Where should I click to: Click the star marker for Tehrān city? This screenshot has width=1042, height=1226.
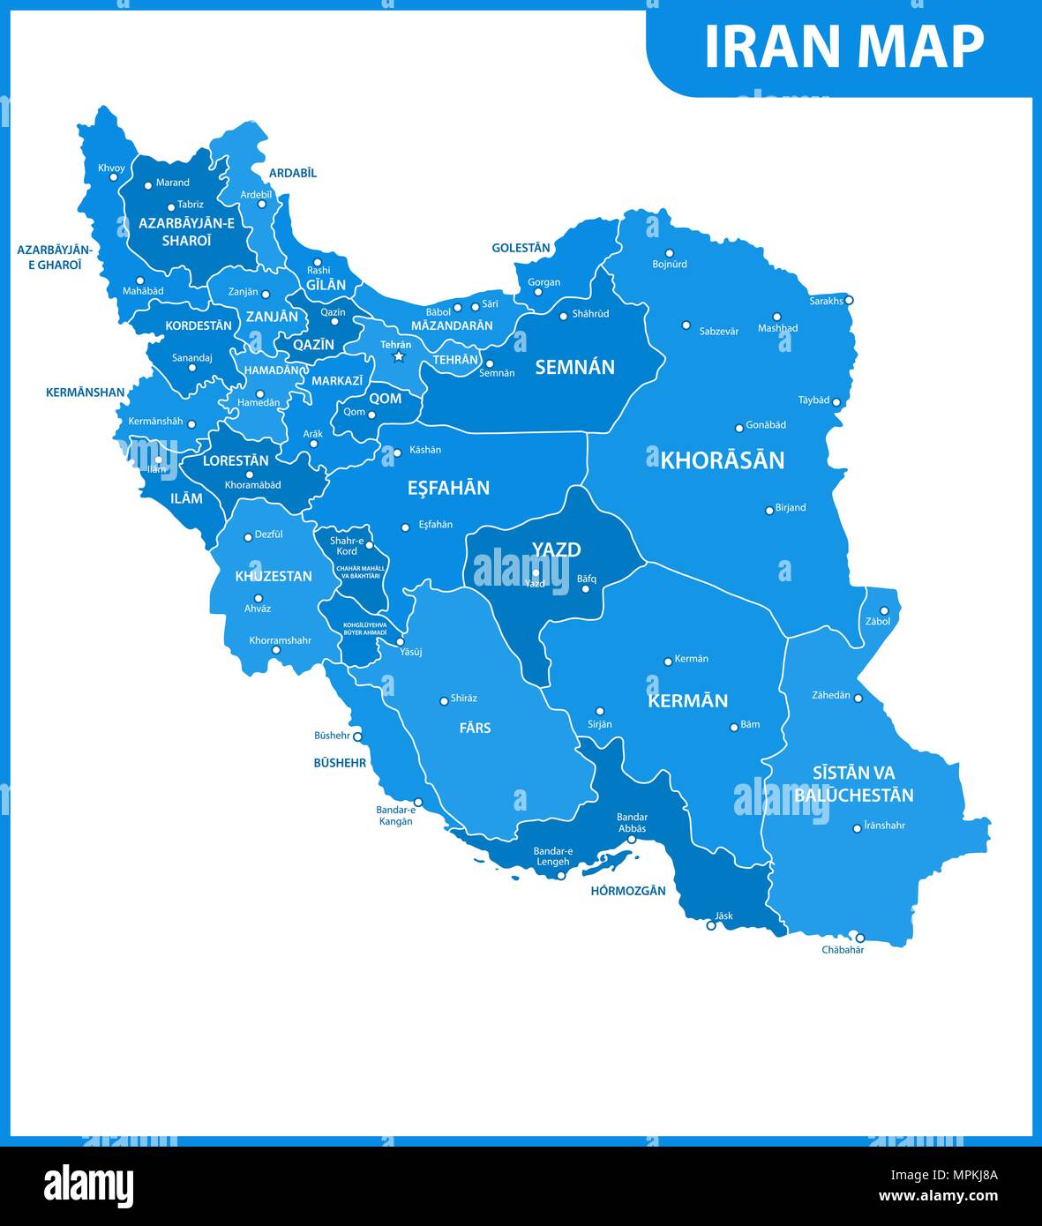point(398,357)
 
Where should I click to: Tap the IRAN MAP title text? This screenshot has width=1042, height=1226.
point(843,47)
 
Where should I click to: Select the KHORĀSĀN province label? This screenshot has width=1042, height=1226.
point(722,460)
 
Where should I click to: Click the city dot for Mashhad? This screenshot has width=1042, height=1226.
point(777,317)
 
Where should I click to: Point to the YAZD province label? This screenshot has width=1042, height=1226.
point(556,549)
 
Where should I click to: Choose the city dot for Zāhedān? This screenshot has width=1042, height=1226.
point(858,699)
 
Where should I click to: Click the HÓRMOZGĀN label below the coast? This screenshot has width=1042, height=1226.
point(628,891)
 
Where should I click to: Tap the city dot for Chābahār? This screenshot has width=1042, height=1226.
point(860,938)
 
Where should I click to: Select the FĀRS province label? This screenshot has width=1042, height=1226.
point(475,728)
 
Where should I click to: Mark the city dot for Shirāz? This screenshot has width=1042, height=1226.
point(444,701)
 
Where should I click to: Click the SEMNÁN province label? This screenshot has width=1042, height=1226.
point(574,367)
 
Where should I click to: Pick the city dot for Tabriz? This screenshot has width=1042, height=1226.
point(171,208)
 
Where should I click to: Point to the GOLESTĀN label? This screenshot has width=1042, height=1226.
point(521,248)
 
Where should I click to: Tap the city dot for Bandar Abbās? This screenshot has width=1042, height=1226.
point(632,840)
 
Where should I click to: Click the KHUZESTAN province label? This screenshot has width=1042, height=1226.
point(274,576)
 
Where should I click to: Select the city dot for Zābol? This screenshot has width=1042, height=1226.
point(883,610)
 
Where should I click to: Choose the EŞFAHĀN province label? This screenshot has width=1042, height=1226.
point(448,488)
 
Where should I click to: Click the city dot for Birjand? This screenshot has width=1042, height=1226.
point(769,511)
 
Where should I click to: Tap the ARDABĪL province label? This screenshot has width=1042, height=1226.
point(292,173)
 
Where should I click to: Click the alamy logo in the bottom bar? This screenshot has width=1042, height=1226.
point(88,1186)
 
